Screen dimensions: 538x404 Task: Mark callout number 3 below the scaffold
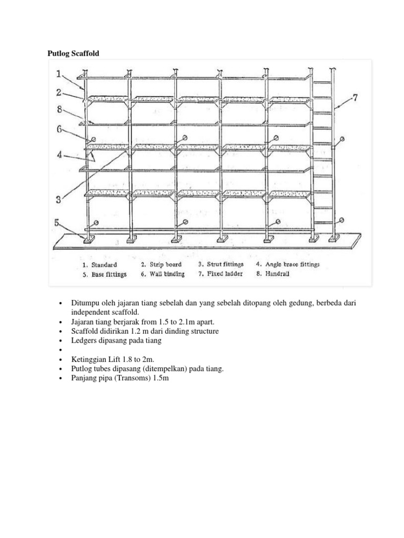pos(59,199)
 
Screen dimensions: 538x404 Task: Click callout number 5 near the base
pos(59,223)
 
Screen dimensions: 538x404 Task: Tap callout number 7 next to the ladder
pos(355,98)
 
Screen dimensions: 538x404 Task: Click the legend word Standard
pos(104,265)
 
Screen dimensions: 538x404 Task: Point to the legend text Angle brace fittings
pos(295,265)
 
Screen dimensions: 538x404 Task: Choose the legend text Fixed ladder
pos(226,274)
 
